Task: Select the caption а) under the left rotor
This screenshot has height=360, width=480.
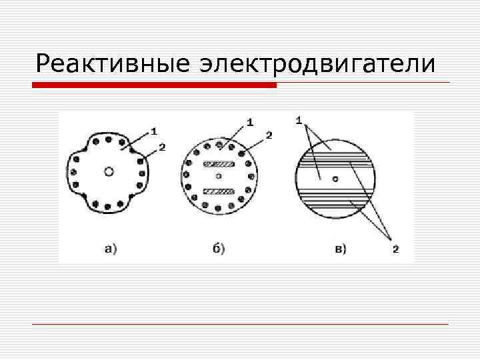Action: tap(111, 249)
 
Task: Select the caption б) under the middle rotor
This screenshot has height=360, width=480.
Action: tap(219, 249)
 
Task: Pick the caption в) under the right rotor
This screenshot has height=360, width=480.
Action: tap(340, 249)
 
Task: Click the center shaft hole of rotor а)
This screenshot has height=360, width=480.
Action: tap(109, 171)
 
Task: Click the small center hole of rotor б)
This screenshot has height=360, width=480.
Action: tap(219, 177)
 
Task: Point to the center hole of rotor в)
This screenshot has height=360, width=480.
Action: tap(336, 178)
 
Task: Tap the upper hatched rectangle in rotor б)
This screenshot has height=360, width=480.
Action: tap(219, 164)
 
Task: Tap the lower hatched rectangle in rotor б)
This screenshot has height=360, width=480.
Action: tap(219, 191)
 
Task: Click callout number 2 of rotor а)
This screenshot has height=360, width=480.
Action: tap(163, 146)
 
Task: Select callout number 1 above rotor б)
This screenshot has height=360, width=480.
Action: tap(250, 122)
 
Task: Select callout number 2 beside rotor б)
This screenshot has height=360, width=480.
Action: tap(269, 135)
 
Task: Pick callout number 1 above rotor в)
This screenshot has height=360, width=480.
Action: tap(299, 121)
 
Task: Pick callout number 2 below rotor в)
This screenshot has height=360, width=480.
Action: tap(395, 249)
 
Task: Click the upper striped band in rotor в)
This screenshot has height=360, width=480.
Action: tap(336, 158)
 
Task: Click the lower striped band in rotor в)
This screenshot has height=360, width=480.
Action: tap(336, 197)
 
